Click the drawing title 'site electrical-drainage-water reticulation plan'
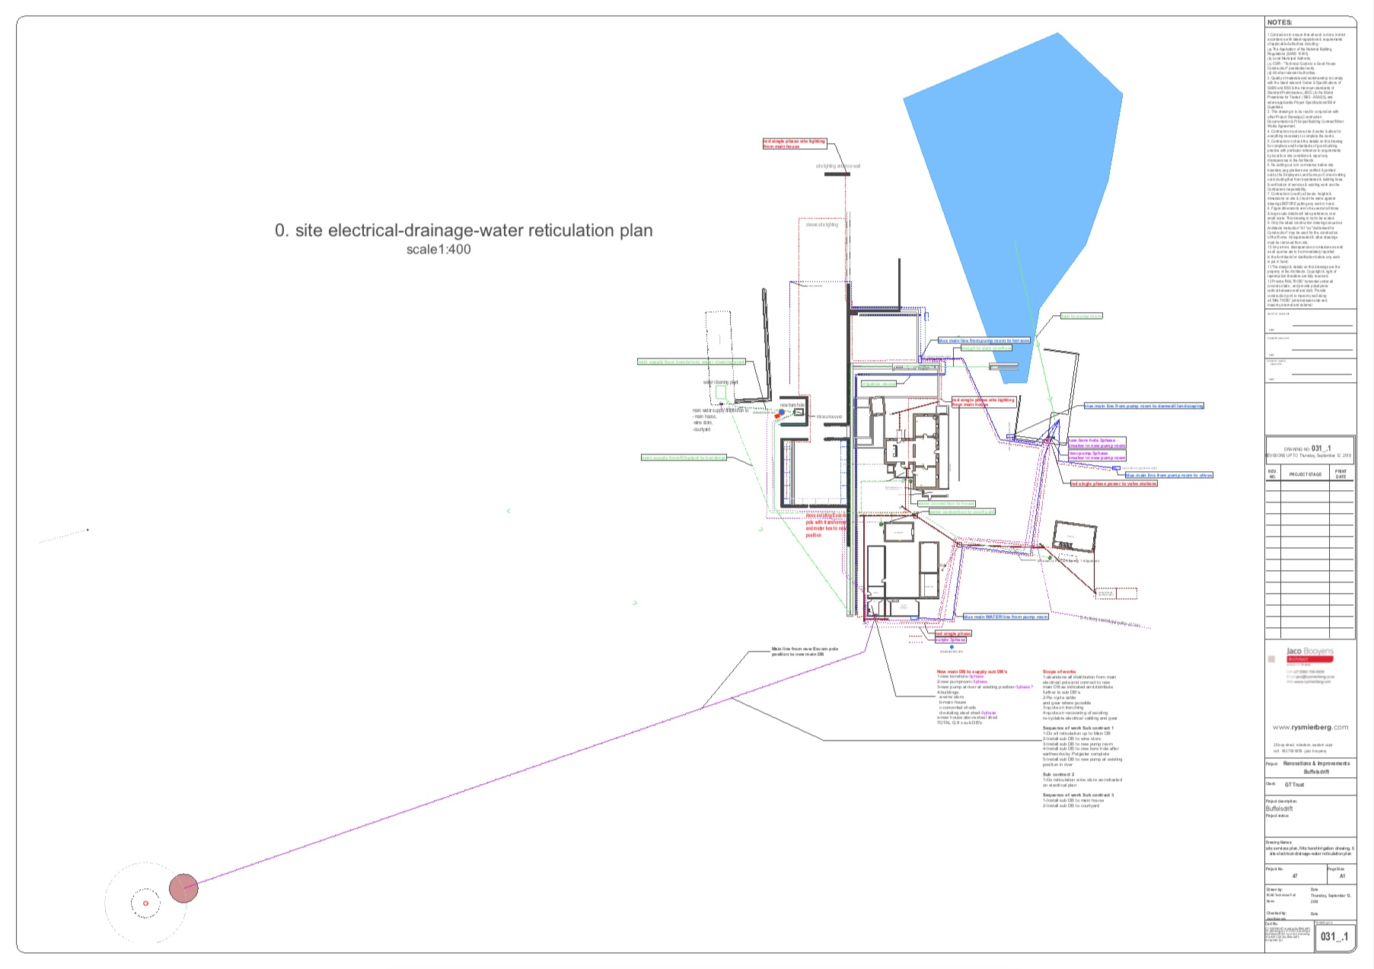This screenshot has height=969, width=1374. tap(464, 231)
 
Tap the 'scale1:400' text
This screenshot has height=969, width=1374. tap(438, 250)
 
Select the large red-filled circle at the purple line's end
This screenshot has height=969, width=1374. tap(183, 888)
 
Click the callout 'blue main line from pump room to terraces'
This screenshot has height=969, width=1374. tap(983, 341)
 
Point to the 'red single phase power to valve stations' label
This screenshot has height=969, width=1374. tap(1114, 484)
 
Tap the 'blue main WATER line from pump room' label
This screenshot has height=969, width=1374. tap(1006, 617)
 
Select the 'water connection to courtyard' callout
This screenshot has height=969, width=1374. tap(962, 512)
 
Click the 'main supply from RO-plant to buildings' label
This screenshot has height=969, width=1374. tap(684, 458)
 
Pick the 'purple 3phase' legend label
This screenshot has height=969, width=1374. tap(951, 640)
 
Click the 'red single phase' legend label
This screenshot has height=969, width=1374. tap(953, 633)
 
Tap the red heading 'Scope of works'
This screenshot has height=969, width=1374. tap(1059, 672)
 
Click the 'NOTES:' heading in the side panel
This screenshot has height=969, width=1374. tap(1280, 23)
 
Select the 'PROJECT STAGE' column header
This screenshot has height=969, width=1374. tap(1305, 474)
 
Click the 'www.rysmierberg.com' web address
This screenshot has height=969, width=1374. tap(1310, 728)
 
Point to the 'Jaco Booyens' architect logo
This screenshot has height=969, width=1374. tap(1309, 652)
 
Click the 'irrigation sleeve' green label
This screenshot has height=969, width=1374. tap(878, 384)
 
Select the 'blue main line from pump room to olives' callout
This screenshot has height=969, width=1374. tap(1168, 476)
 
